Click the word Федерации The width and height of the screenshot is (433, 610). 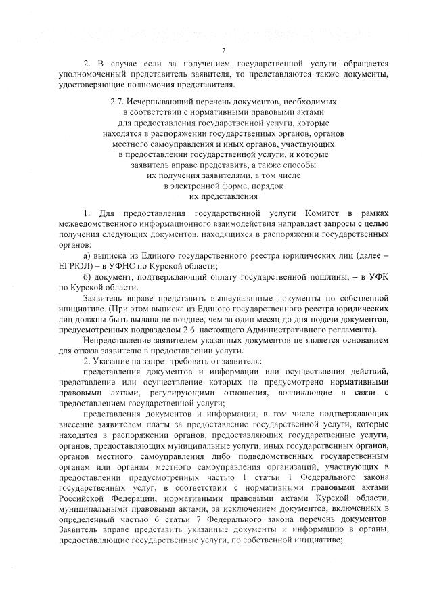tap(92, 498)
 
